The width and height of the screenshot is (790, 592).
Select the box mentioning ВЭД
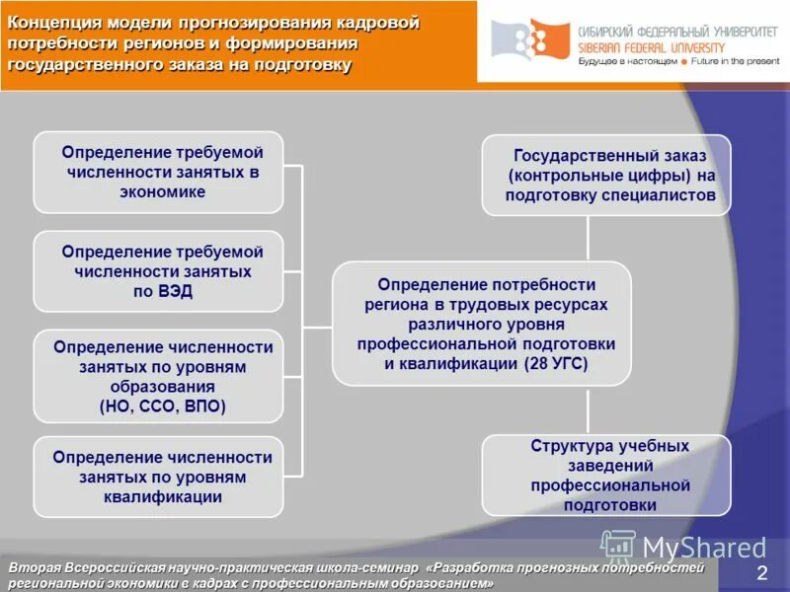pos(158,271)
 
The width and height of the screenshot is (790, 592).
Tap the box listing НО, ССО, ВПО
pos(158,376)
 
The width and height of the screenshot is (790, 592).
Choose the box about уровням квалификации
pos(158,478)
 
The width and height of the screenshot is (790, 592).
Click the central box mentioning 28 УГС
pos(481,324)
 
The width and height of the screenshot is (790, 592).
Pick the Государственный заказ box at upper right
pos(606,176)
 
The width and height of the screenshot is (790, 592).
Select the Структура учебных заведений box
pos(606,475)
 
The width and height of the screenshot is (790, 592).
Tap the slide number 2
pos(761,574)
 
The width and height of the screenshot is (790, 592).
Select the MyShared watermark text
pos(703,548)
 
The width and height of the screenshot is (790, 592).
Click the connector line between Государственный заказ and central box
pos(589,238)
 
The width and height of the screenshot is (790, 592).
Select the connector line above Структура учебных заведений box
pos(589,409)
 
